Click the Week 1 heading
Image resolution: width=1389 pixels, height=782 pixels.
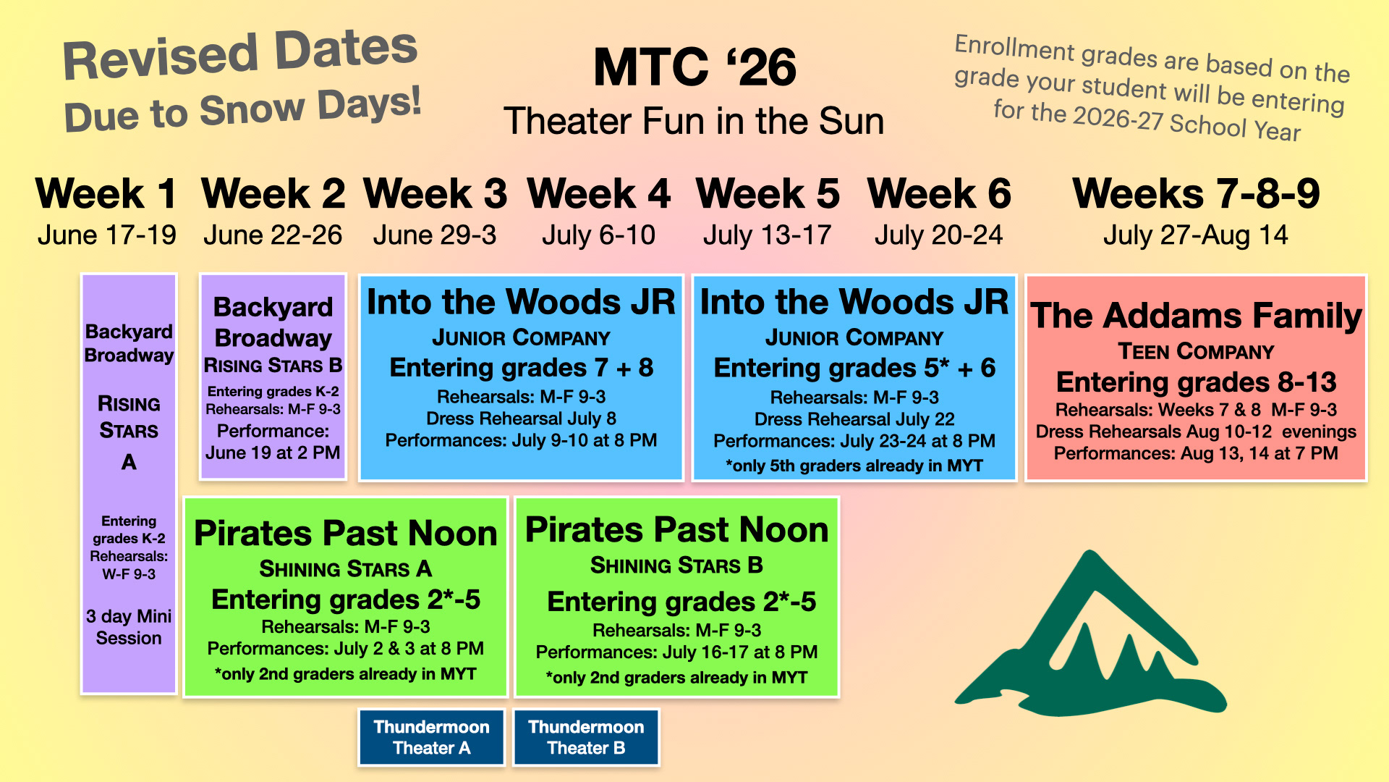click(x=106, y=194)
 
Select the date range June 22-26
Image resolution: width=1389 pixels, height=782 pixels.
click(x=273, y=235)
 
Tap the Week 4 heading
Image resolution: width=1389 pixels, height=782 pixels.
click(x=599, y=194)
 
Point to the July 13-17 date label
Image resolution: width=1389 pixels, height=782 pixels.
click(x=768, y=235)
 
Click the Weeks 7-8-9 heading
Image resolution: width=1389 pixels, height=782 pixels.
click(x=1197, y=194)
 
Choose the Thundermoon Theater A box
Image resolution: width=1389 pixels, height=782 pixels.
click(x=432, y=737)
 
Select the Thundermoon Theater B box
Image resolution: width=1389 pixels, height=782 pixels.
click(x=586, y=737)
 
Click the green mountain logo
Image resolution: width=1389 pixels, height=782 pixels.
click(x=1091, y=634)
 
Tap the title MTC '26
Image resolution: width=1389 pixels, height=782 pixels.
click(x=694, y=67)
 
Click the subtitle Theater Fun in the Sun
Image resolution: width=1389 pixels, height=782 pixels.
click(x=694, y=121)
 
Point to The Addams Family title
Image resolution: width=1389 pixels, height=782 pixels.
click(x=1196, y=316)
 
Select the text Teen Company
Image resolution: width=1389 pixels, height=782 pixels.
click(x=1196, y=352)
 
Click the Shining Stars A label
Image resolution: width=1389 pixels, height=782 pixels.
click(x=346, y=569)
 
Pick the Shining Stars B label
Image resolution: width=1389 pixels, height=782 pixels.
click(x=676, y=566)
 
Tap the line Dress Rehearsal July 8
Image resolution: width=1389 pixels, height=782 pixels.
click(x=521, y=419)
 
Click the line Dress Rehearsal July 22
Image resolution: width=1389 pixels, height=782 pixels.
click(x=854, y=419)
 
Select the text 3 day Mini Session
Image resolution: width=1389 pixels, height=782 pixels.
click(x=129, y=627)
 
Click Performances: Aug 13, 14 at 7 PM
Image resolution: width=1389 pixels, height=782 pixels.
click(x=1196, y=454)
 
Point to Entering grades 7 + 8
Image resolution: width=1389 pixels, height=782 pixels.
click(x=521, y=368)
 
